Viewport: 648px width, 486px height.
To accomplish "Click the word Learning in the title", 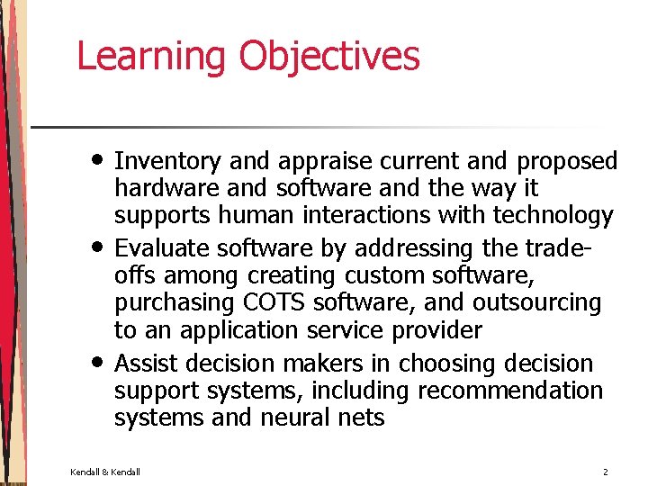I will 152,56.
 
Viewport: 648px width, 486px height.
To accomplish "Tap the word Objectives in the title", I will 329,56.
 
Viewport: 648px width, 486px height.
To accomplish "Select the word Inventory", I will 168,162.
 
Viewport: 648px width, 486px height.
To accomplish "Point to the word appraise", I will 326,162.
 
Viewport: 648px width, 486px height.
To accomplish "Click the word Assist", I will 148,364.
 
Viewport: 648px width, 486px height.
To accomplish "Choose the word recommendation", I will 506,391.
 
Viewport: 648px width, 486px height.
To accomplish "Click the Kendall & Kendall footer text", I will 105,472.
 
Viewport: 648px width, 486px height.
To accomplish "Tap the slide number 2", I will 605,472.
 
